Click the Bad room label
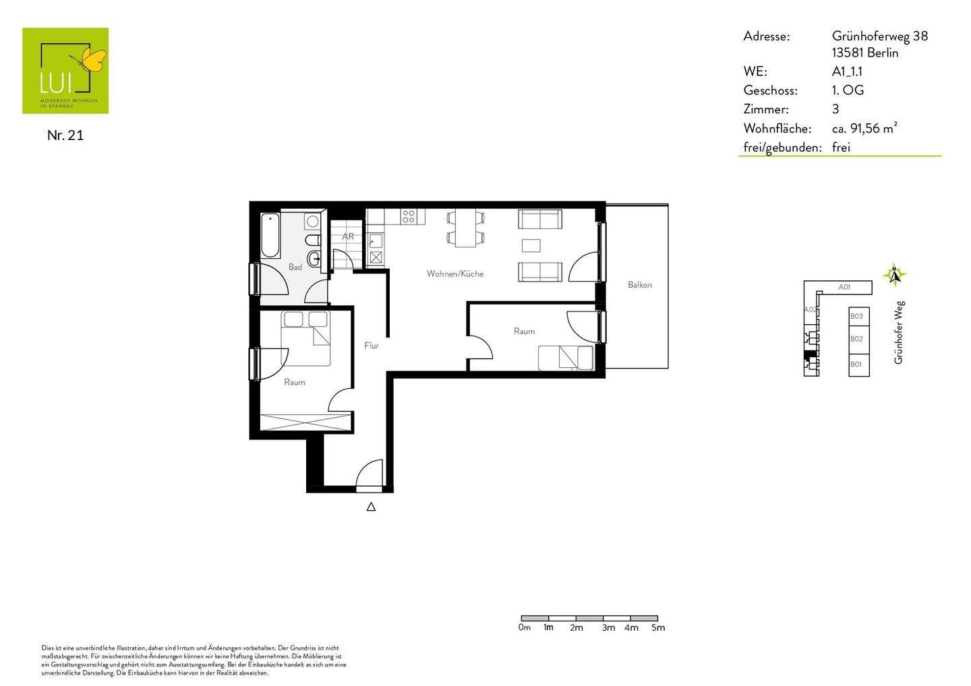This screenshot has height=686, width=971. (x=295, y=268)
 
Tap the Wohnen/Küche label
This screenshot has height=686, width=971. (x=454, y=274)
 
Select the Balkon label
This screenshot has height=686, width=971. (x=639, y=285)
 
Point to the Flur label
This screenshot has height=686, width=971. (x=372, y=346)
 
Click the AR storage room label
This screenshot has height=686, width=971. (x=348, y=237)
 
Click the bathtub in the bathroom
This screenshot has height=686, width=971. (x=270, y=236)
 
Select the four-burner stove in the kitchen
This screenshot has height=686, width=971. (x=409, y=216)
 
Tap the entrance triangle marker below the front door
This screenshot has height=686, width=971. (x=371, y=507)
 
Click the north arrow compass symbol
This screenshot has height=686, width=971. (x=894, y=274)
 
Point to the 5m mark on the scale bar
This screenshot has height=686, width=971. (x=657, y=627)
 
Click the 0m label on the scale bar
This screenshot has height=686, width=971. (x=525, y=627)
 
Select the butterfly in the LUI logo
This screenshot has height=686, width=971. (x=93, y=61)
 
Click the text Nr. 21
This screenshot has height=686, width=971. (x=65, y=135)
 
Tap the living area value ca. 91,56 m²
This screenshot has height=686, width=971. (x=864, y=128)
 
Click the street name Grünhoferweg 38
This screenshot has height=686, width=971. (x=879, y=36)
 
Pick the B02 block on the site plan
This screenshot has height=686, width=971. (x=858, y=339)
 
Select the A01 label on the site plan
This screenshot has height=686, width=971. (x=844, y=287)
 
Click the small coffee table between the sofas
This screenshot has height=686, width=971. (x=531, y=245)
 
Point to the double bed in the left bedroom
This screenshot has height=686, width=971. (x=307, y=338)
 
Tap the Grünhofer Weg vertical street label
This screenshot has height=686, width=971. (x=898, y=332)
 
